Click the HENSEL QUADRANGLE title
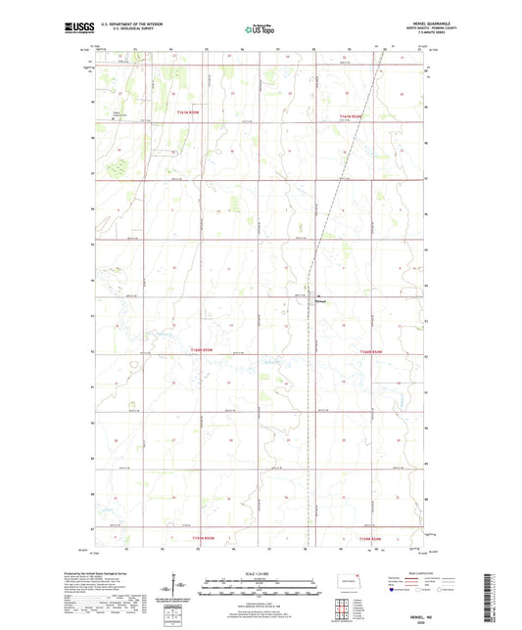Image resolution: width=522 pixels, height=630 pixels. coord(416,23)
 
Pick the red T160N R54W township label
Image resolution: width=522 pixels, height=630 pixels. coord(374,350)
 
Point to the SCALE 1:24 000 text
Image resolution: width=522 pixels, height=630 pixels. coord(261,573)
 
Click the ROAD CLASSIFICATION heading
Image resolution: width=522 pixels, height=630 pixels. coord(416,574)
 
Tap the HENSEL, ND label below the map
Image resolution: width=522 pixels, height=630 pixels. coord(415,613)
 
